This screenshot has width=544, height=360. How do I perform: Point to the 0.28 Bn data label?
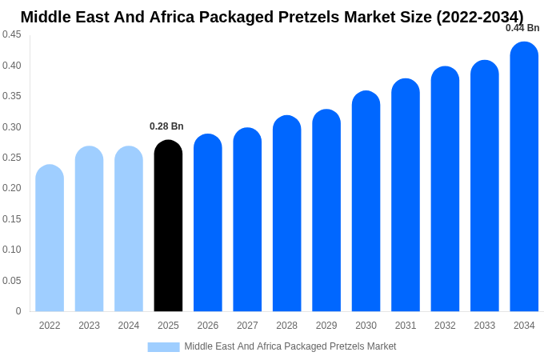point(166,126)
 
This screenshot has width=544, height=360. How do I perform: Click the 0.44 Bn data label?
point(522,28)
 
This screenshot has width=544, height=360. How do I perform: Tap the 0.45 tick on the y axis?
point(12,34)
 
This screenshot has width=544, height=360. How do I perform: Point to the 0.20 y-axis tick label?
point(12,188)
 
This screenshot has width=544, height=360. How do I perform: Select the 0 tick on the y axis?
point(18,311)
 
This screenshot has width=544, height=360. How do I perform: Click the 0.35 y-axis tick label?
point(12,96)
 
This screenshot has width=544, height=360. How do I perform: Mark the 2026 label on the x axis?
point(208,326)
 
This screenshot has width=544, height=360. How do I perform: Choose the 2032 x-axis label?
point(445,326)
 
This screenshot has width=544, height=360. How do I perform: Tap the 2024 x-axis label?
point(129,326)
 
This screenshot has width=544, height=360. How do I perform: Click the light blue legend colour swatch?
point(163,346)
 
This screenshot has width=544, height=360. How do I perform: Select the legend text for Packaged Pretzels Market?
point(290,346)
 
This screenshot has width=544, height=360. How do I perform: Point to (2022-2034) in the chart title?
point(479,17)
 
